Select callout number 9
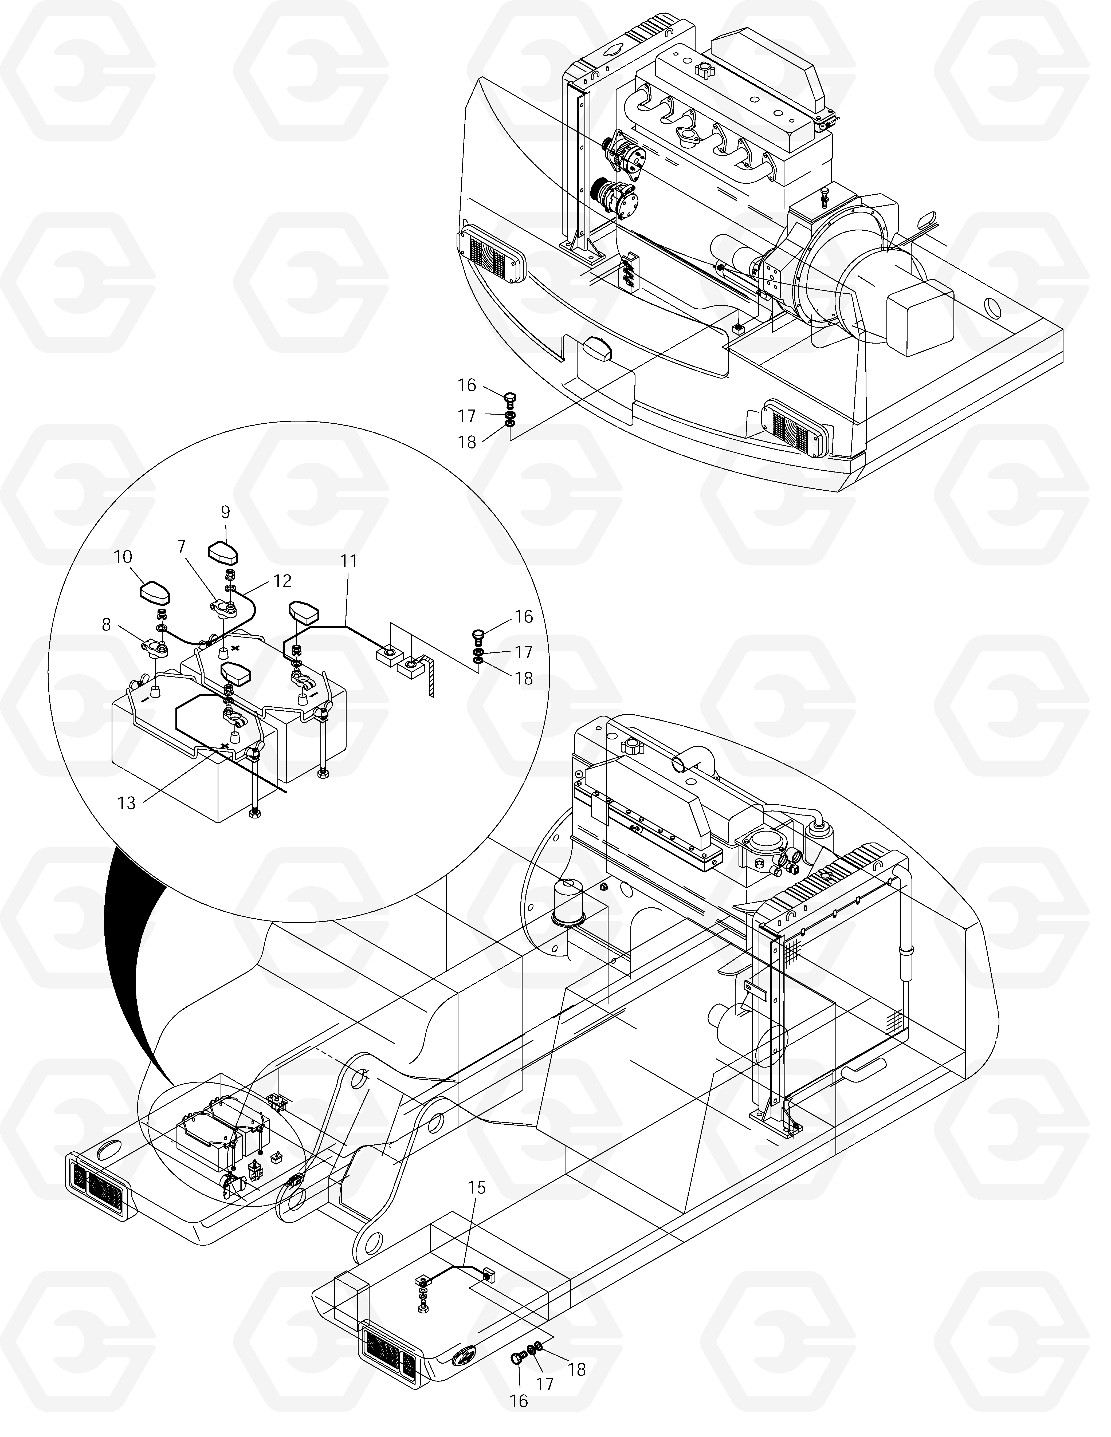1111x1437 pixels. (225, 512)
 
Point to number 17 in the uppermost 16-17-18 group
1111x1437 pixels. (467, 416)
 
